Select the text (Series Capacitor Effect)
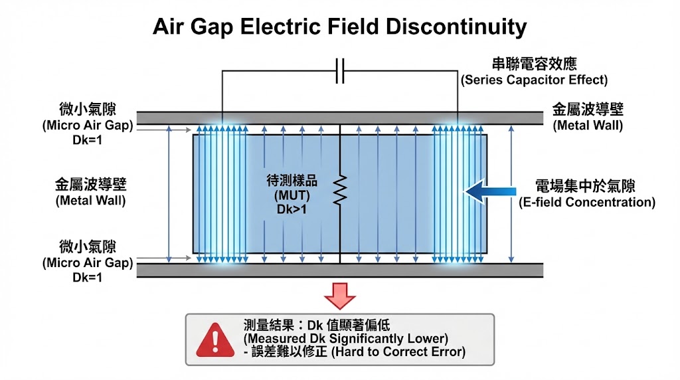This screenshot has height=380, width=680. click(x=534, y=80)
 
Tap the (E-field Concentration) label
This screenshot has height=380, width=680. click(x=586, y=202)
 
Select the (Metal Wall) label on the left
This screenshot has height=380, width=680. click(x=90, y=199)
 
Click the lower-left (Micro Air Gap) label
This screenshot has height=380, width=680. click(x=88, y=263)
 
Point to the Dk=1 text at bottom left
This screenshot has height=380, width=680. click(x=88, y=277)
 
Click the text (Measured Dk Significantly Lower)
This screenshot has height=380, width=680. click(x=345, y=338)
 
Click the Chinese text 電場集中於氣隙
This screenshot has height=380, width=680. click(x=586, y=186)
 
